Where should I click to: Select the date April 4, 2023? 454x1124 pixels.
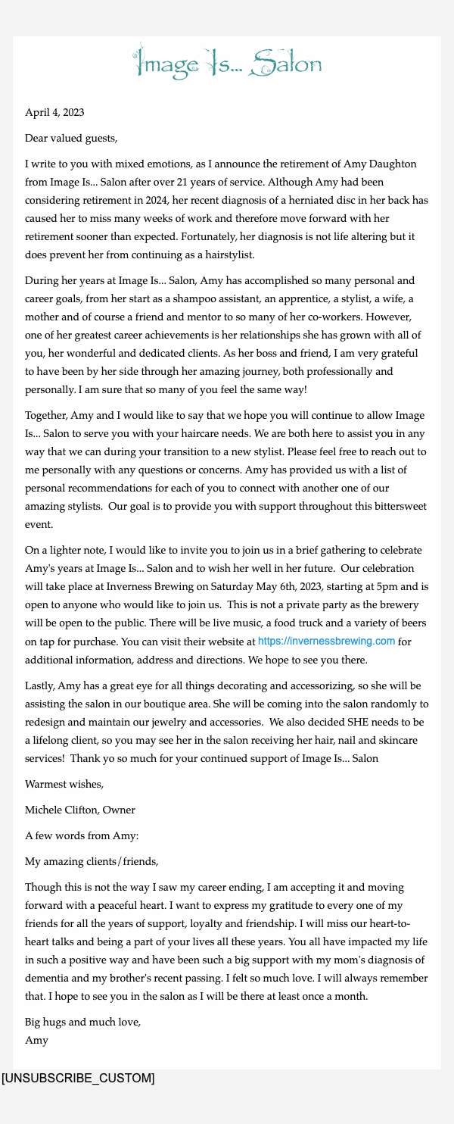pos(54,113)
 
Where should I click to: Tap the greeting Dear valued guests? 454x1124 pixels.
pos(71,138)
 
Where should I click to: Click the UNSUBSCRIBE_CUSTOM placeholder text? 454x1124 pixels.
pos(78,1078)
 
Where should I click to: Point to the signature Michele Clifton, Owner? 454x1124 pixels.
pos(80,810)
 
